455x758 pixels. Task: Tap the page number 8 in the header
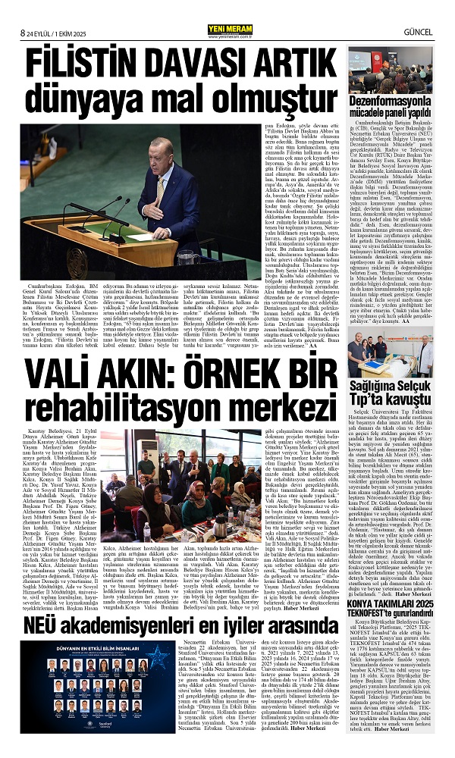click(x=24, y=11)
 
